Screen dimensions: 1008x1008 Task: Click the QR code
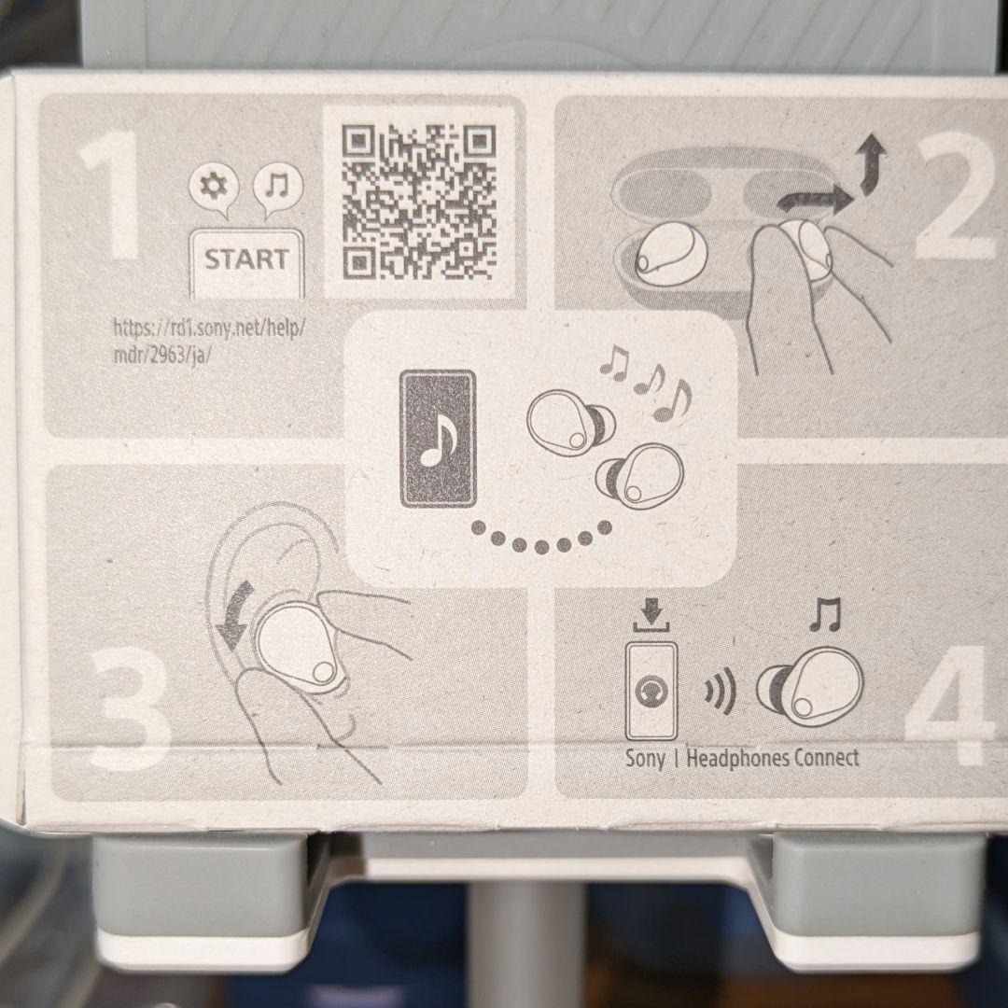coord(419,202)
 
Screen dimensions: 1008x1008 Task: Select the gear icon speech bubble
coord(214,189)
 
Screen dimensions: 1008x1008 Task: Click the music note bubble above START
coord(278,189)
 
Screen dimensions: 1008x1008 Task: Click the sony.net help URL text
coord(209,342)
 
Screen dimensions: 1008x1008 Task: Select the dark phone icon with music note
coord(438,439)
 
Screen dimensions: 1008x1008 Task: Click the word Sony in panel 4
coord(646,758)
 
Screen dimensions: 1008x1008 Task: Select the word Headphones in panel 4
coord(737,758)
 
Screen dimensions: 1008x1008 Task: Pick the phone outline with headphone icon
coord(651,691)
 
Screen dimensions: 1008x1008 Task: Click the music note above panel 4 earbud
coord(825,614)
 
